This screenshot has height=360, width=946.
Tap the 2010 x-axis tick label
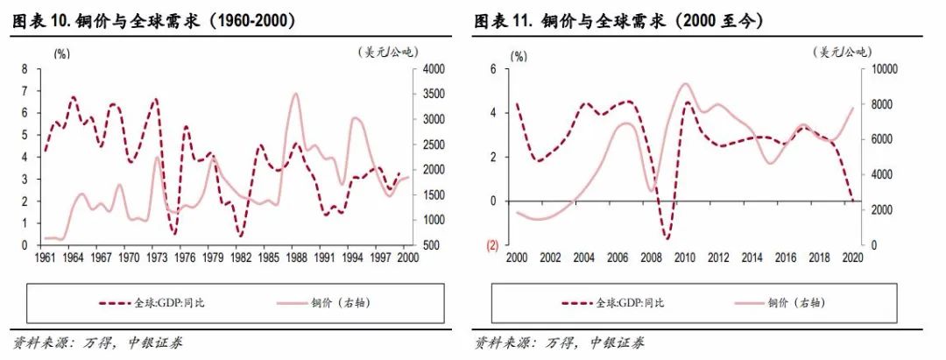[x=684, y=258]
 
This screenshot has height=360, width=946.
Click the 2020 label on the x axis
[x=852, y=258]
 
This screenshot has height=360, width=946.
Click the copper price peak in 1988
[x=296, y=94]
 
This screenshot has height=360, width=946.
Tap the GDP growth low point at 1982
[x=240, y=236]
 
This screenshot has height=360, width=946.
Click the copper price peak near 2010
[x=685, y=84]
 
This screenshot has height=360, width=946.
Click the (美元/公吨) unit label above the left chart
[x=385, y=53]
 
